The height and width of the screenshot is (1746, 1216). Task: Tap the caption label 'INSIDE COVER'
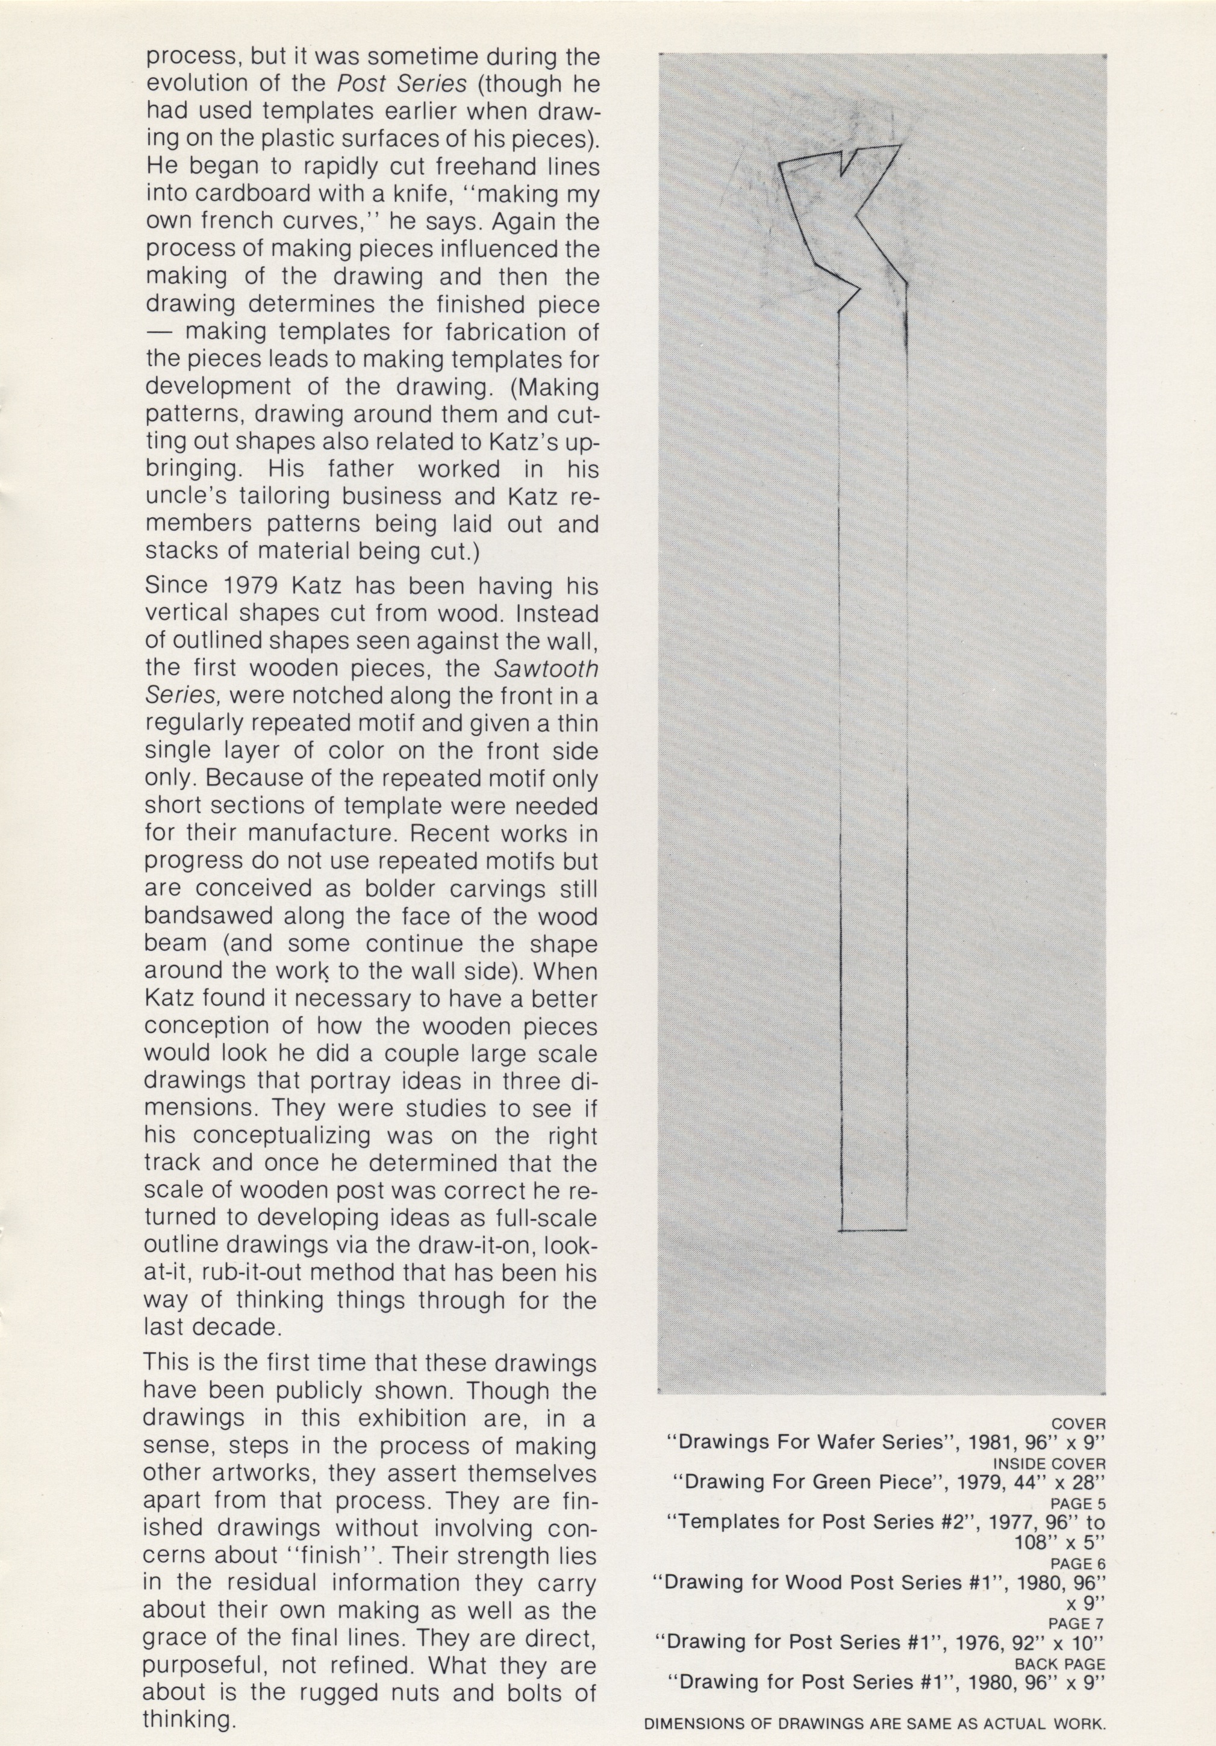tap(1049, 1463)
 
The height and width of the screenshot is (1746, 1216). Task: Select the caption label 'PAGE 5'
tap(1077, 1503)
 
